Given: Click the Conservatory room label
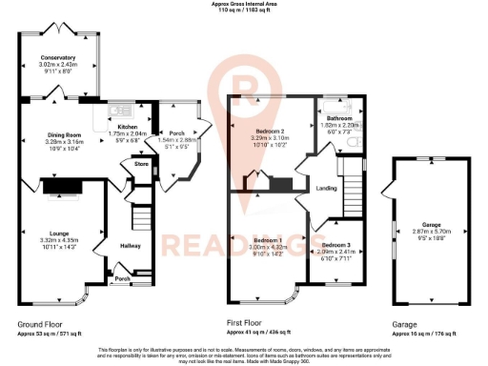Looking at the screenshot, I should [57, 59].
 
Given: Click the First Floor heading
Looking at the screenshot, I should [247, 325].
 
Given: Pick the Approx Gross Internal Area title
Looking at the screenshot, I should [245, 4].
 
